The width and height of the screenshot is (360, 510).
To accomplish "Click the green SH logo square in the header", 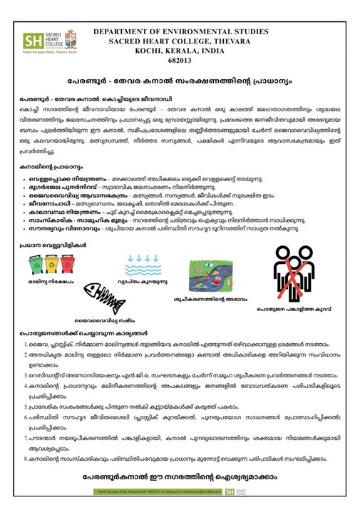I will click(33, 40).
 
